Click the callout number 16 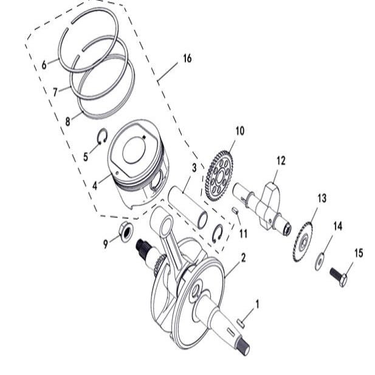[x=187, y=58]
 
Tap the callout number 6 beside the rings [x=44, y=65]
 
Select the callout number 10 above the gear [x=239, y=131]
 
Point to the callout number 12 [x=280, y=161]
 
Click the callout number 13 [x=322, y=198]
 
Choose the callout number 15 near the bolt [x=359, y=252]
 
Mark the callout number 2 [x=243, y=258]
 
